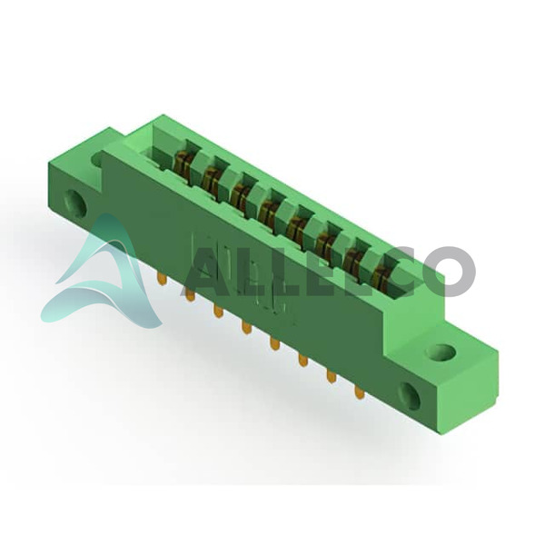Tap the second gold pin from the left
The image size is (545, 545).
point(190,294)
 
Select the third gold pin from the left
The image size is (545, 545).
point(218,311)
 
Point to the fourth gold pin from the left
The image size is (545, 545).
point(246,327)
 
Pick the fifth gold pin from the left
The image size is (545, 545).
point(274,343)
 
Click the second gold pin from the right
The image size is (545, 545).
point(331,377)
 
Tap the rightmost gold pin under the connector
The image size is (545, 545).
point(360,392)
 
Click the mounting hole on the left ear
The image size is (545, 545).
point(75,203)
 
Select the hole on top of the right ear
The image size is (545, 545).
point(441,352)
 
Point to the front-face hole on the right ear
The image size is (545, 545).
point(411,395)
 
